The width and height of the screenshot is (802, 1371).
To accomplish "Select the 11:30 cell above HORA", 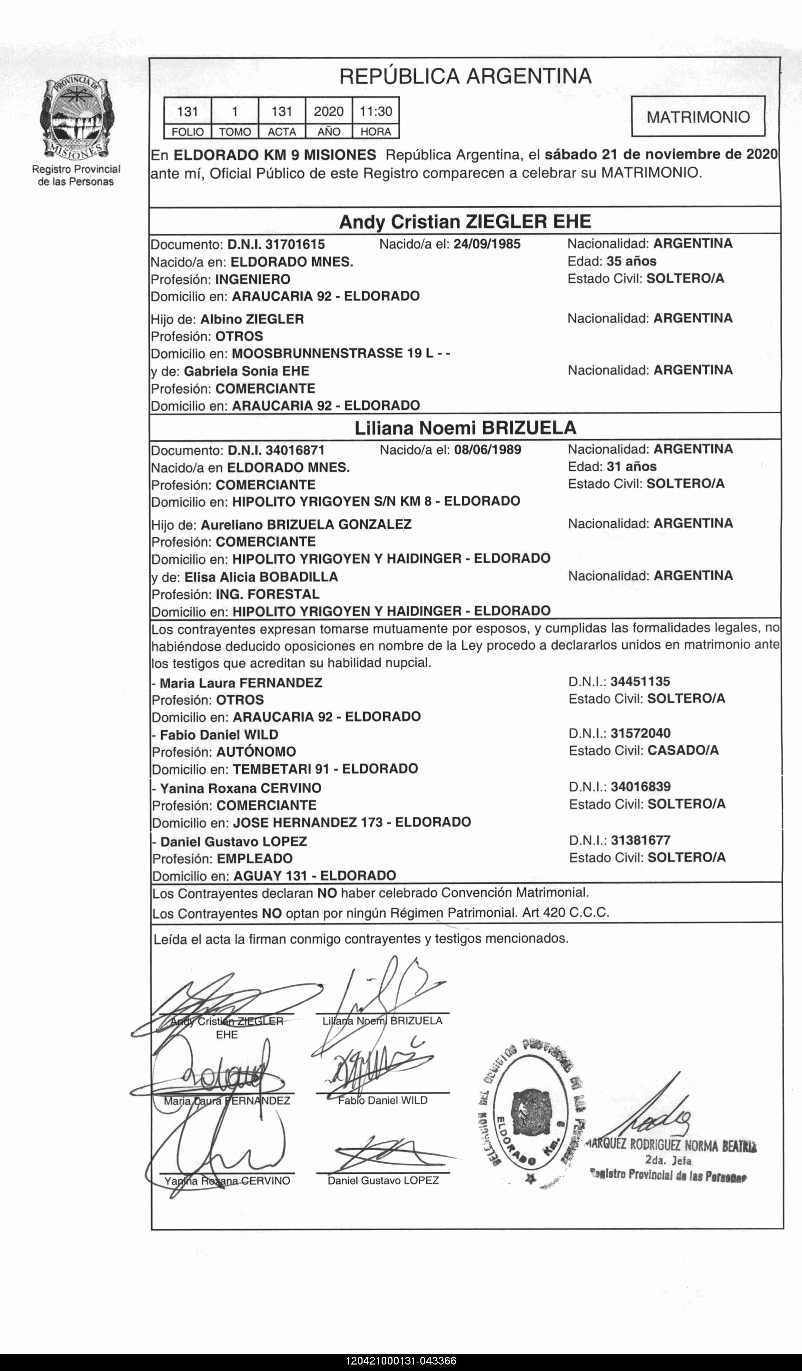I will point(376,112).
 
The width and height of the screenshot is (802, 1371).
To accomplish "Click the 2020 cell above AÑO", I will point(328,112).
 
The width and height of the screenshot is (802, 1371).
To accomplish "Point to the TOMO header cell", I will point(235,132).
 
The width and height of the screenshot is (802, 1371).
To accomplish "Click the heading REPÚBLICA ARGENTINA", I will point(465,76).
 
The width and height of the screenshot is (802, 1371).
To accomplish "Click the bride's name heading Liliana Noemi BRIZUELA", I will point(465,428).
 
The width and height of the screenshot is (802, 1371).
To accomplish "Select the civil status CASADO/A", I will point(683,751).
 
